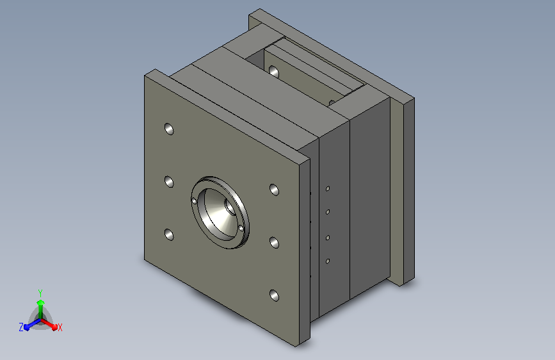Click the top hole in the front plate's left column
pos(169,129)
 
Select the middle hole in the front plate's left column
pos(169,182)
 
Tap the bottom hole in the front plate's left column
pos(169,234)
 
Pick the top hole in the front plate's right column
pos(275,190)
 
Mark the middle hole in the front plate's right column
pos(275,243)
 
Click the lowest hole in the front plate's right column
pos(275,295)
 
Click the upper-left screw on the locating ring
pos(194,201)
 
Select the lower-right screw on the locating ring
pos(241,229)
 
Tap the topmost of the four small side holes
pos(328,189)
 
